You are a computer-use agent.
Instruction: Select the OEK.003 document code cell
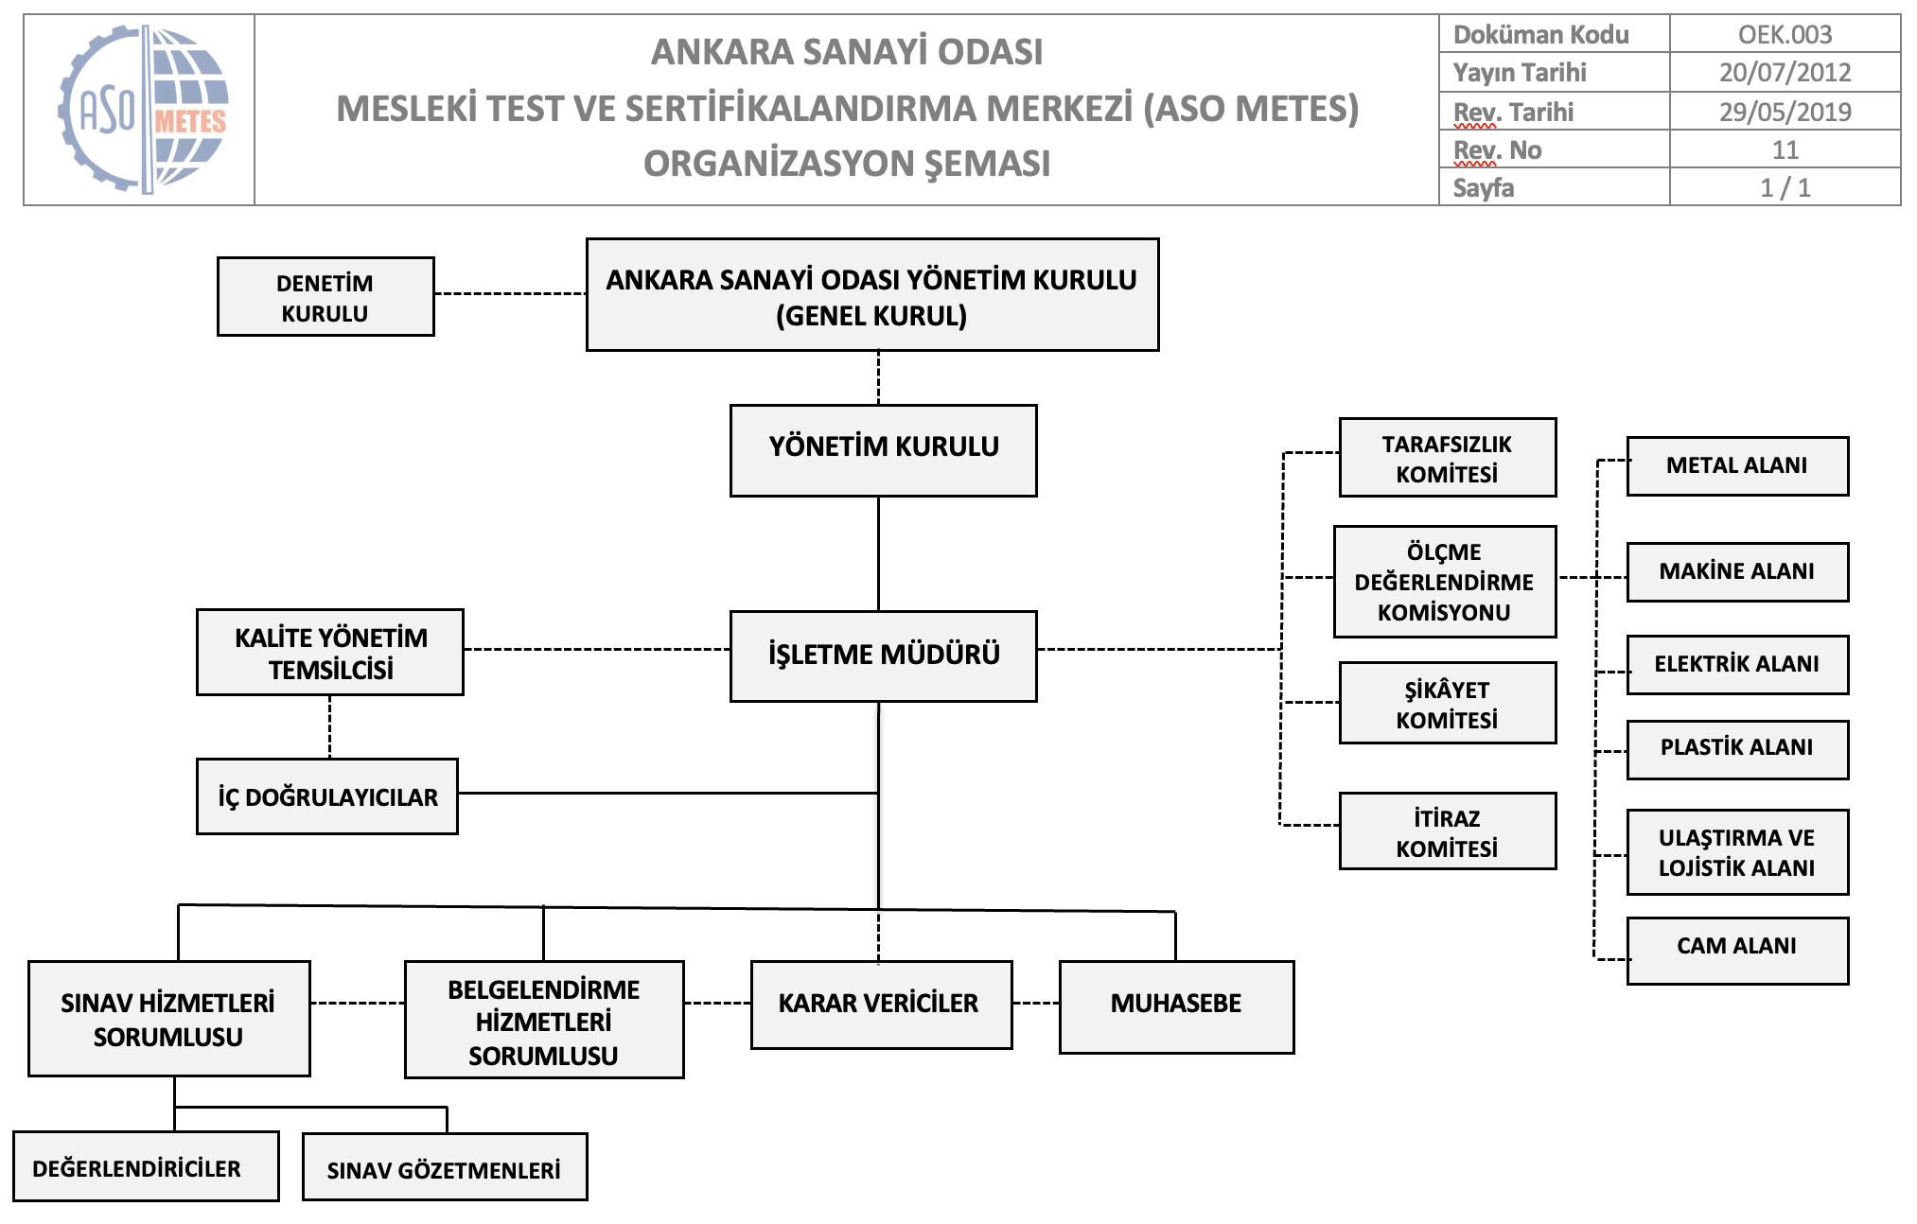coord(1785,35)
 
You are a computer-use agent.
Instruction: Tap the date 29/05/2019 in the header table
coord(1785,112)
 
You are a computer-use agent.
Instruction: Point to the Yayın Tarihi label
coord(1520,73)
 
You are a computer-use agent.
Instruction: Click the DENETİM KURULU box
coord(325,297)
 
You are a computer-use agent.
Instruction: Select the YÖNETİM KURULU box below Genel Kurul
coord(883,451)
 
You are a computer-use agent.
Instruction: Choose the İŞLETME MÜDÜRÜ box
coord(883,656)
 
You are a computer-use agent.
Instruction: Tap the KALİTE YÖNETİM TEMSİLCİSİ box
coord(330,653)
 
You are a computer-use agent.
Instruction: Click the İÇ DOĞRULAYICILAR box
coord(327,796)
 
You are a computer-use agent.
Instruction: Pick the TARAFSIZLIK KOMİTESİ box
coord(1448,458)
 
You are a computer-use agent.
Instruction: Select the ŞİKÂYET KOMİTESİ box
coord(1448,703)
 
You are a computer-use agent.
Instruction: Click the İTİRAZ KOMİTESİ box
coord(1448,831)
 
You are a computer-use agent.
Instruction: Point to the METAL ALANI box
coord(1737,466)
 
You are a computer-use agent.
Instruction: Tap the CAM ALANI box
coord(1737,951)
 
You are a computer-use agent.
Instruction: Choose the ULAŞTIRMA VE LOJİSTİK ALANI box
coord(1737,852)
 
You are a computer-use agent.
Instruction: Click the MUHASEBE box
coord(1176,1007)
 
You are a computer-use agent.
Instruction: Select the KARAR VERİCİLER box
coord(881,1005)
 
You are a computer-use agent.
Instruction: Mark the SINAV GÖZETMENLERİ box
coord(445,1167)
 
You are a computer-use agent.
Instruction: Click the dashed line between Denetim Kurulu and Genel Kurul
coord(510,293)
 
